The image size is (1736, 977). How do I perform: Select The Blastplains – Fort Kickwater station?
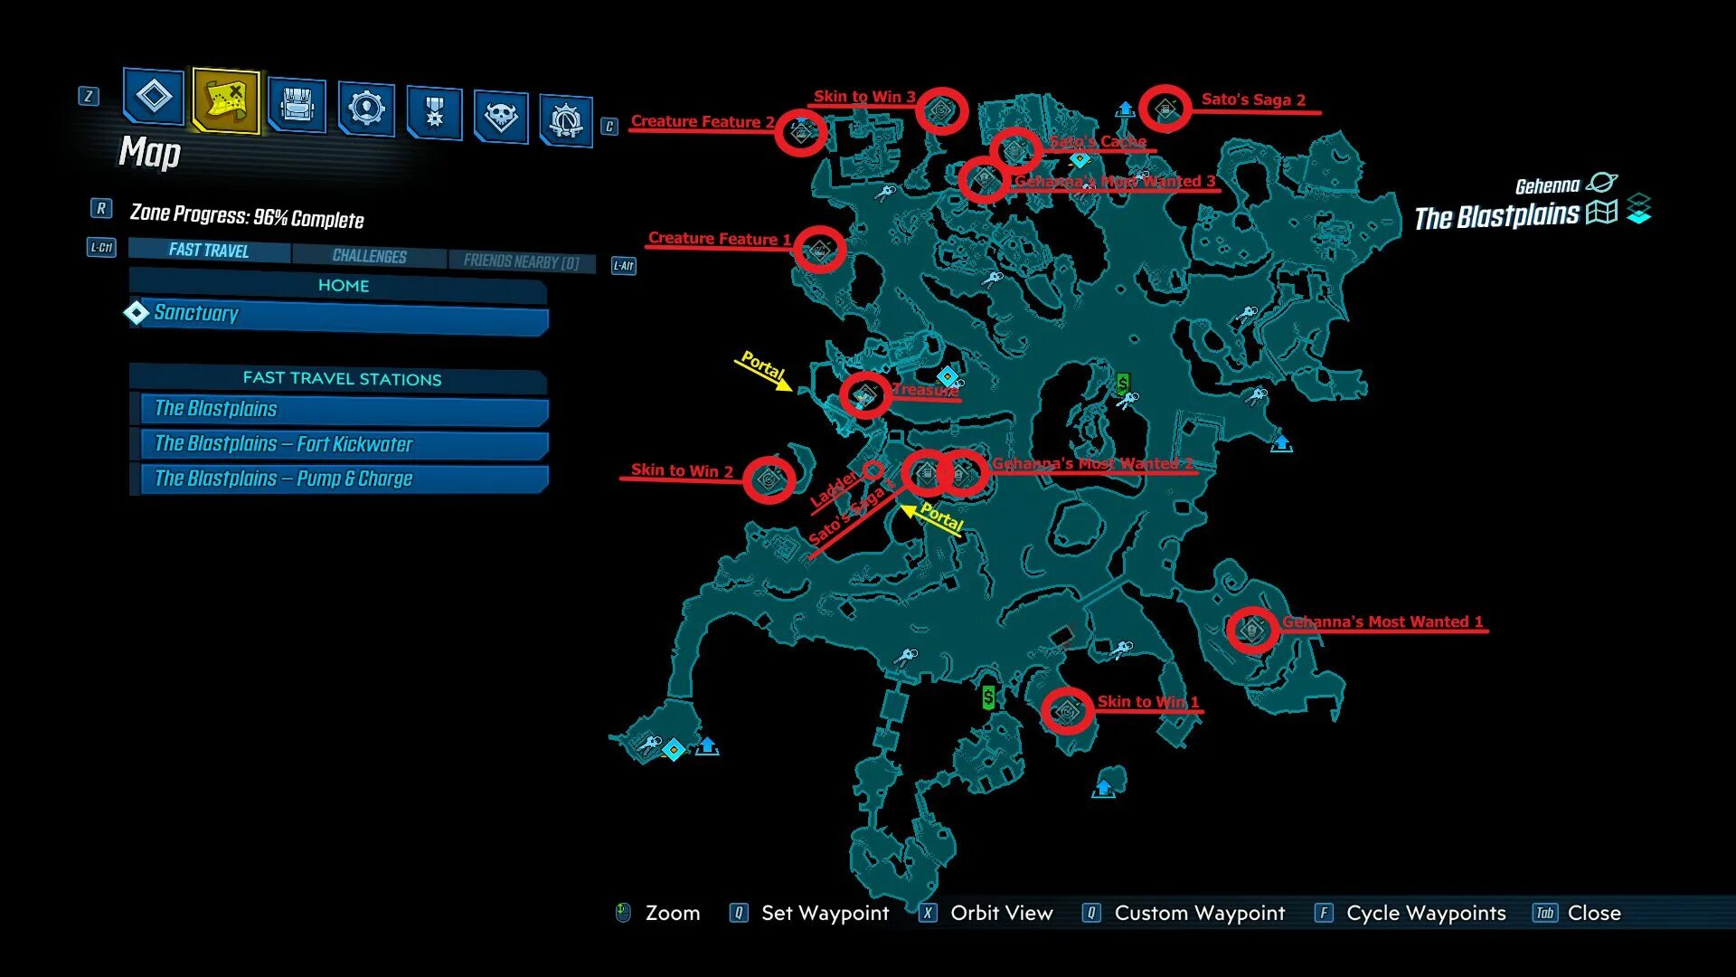pos(344,444)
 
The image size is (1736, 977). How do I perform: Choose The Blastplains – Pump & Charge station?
pos(344,479)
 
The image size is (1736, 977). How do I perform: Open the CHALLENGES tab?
pos(369,256)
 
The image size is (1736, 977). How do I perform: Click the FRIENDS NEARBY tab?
pos(521,261)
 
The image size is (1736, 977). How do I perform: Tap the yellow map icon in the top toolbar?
pos(226,100)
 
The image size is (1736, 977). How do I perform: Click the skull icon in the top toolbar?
pos(500,116)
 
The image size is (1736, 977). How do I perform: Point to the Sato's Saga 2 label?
pos(1252,100)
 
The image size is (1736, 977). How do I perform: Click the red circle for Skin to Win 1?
pos(1067,711)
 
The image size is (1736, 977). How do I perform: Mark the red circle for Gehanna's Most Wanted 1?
pos(1252,629)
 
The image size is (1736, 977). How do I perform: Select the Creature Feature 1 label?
pos(719,239)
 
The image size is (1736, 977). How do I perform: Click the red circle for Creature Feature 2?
pos(801,133)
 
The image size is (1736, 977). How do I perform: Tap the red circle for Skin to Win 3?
pos(942,111)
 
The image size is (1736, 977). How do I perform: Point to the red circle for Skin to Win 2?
pos(769,479)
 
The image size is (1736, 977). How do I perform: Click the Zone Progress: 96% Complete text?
pos(247,217)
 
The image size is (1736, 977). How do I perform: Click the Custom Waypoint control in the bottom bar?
pos(1199,913)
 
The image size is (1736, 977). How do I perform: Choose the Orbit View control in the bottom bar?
pos(1001,913)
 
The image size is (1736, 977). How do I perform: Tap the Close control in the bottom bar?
pos(1593,913)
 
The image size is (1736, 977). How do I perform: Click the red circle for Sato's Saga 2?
pos(1165,109)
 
